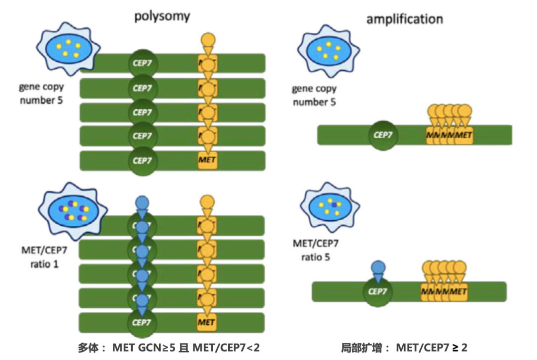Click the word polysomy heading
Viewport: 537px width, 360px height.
click(x=162, y=16)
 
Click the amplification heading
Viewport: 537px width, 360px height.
click(x=404, y=19)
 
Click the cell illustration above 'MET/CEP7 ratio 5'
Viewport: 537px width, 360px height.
click(x=330, y=206)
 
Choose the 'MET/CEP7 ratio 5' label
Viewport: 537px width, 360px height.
click(x=315, y=250)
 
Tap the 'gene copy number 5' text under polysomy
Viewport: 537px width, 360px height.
click(x=41, y=93)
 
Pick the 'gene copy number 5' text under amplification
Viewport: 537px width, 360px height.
click(x=314, y=95)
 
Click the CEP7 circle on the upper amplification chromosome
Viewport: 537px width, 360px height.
click(x=383, y=135)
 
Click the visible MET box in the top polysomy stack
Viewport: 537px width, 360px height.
click(x=207, y=160)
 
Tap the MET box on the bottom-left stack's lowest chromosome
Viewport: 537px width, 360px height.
click(x=206, y=322)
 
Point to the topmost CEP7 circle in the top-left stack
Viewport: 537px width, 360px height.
click(x=142, y=63)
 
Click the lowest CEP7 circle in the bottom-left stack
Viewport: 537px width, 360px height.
click(x=142, y=322)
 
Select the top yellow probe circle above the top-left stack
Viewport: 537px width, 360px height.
click(x=208, y=39)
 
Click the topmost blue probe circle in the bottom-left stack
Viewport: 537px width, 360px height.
click(x=142, y=203)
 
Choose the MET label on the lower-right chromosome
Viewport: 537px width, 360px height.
click(x=458, y=291)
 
